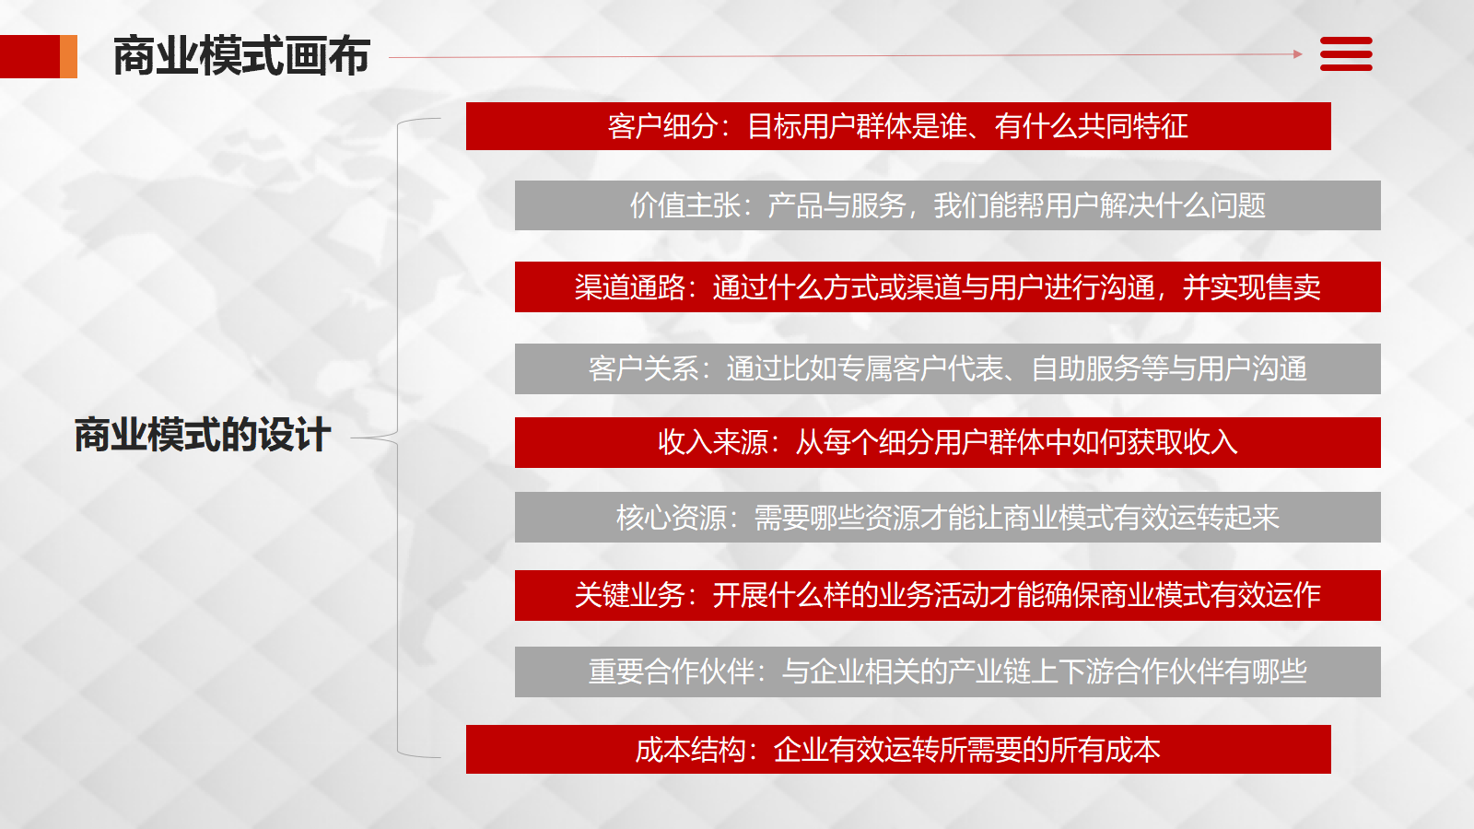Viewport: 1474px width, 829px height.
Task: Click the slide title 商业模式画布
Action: pos(241,56)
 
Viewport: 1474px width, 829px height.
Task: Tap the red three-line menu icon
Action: pos(1346,54)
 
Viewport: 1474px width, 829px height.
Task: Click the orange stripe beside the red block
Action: pos(68,56)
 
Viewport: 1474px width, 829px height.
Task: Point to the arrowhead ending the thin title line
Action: pos(1298,54)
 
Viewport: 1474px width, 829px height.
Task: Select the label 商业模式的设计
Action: pos(203,434)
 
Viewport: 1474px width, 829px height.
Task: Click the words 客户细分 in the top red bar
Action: pos(662,126)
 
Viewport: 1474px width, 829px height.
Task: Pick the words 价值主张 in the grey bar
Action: pos(685,205)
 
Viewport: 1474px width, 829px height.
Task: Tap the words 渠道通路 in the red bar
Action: pos(630,286)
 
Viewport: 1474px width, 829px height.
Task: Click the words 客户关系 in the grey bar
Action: pos(644,368)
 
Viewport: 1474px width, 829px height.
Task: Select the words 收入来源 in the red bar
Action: pos(713,442)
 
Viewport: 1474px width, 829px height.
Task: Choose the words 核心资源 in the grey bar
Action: pos(672,517)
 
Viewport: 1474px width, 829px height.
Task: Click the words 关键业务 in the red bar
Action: pos(630,595)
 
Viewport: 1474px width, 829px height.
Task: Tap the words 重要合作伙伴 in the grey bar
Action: pos(672,671)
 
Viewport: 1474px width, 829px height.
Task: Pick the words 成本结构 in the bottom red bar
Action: pos(690,750)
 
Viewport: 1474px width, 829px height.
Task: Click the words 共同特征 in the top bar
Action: pos(1133,126)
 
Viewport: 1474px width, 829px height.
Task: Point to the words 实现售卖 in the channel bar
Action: pos(1266,286)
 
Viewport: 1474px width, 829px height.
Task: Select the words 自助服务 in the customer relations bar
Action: pos(1086,368)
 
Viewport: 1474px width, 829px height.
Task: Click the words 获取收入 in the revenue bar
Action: pos(1183,442)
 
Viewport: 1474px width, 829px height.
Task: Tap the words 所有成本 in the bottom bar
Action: pos(1105,750)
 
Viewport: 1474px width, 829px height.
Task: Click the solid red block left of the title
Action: pos(29,56)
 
